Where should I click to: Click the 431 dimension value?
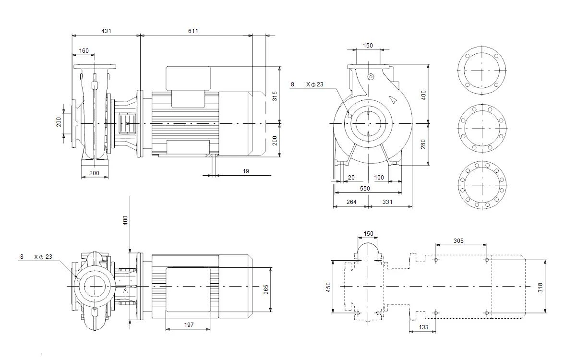coord(106,31)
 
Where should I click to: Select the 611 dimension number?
coord(193,31)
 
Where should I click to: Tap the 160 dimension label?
coord(84,51)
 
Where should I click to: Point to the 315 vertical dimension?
coord(275,96)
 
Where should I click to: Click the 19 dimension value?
coord(246,171)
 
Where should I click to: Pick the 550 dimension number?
coord(365,189)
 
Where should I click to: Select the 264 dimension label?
coord(351,202)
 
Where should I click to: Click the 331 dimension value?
coord(387,202)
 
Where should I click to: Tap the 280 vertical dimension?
coord(423,144)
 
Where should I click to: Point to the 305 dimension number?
coord(458,241)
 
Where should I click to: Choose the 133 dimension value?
coord(423,327)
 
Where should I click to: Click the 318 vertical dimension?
coord(540,288)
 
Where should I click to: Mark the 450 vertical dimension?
coord(328,287)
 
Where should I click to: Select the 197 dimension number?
coord(189,325)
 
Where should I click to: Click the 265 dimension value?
coord(266,289)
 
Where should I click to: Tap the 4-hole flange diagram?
coord(482,71)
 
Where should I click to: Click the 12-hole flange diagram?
coord(482,185)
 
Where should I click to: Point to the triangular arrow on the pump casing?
coord(393,100)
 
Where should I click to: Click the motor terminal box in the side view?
coord(188,78)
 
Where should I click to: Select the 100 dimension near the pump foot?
coord(379,178)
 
